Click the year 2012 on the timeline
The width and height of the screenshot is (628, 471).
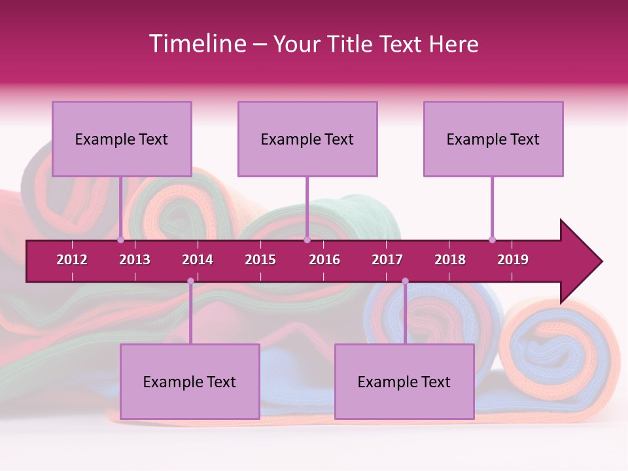click(72, 260)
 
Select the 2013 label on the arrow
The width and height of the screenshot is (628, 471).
click(135, 260)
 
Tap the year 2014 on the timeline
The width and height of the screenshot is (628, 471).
click(198, 260)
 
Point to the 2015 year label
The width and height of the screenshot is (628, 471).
click(260, 260)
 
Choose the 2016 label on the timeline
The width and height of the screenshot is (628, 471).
click(324, 260)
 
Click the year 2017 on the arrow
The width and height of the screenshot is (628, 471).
click(387, 260)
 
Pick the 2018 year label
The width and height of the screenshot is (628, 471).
click(450, 260)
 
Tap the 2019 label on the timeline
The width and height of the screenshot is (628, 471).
click(513, 260)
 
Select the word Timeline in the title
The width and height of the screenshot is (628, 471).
click(196, 44)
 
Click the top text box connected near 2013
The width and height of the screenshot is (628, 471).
click(122, 139)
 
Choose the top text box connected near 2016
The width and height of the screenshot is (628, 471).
click(307, 139)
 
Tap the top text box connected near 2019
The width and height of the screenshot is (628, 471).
click(493, 139)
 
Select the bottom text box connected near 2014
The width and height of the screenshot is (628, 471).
click(190, 381)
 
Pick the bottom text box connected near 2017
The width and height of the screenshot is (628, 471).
click(404, 381)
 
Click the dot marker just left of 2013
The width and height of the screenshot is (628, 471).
click(121, 239)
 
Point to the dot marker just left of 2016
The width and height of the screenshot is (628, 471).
click(307, 239)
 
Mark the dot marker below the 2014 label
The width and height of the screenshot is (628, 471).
click(190, 281)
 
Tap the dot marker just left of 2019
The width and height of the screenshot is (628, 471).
click(493, 239)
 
